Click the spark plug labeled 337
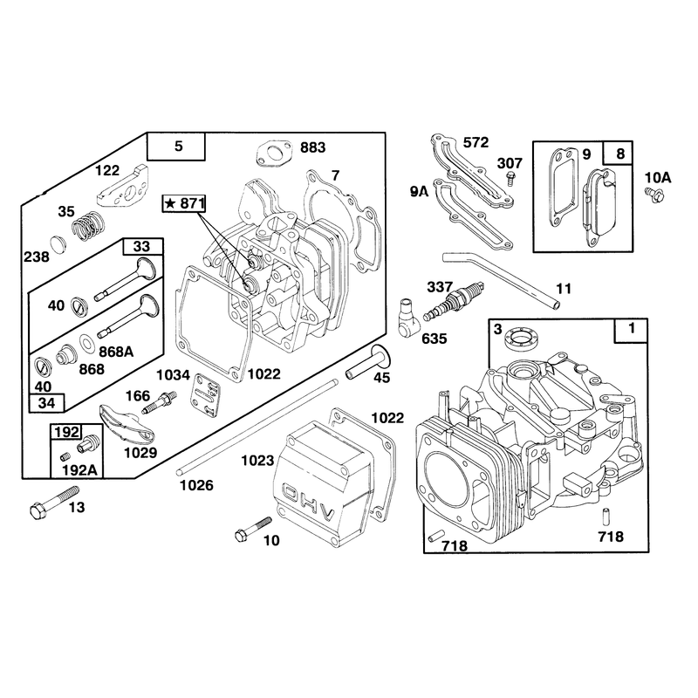(453, 301)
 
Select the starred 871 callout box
(184, 204)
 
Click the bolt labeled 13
(53, 503)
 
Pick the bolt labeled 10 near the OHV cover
(252, 530)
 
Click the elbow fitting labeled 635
(408, 318)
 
